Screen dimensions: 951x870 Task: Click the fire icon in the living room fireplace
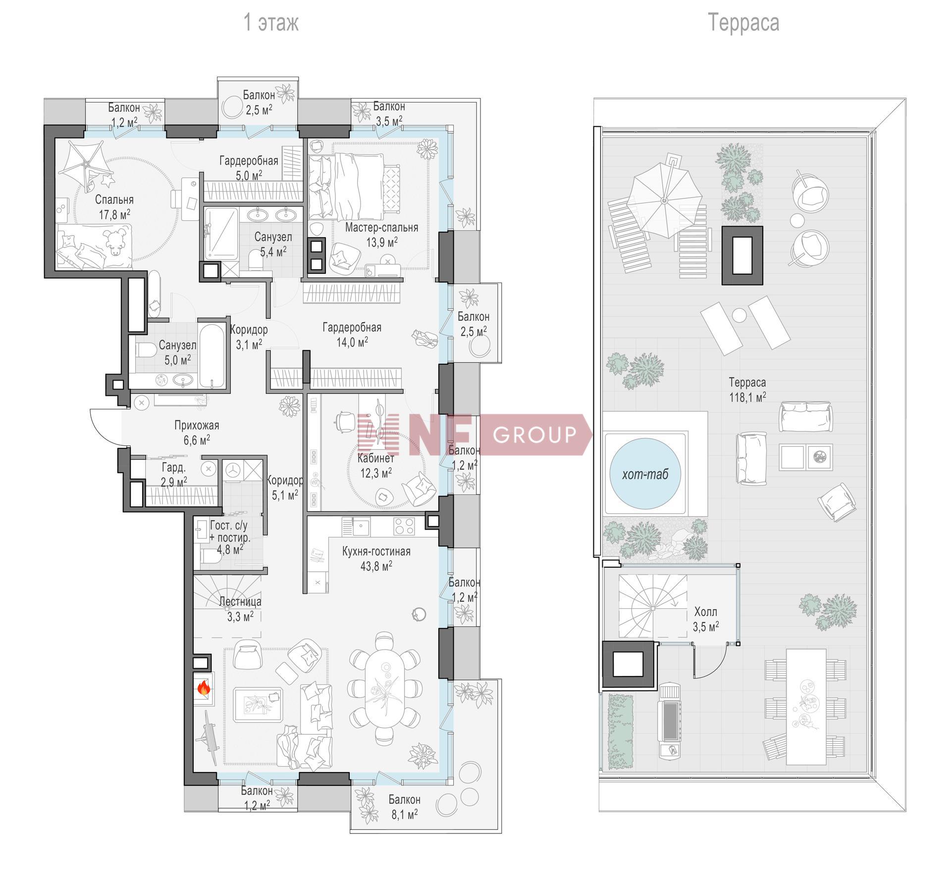pyautogui.click(x=204, y=687)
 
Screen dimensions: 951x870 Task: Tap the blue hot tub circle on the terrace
pyautogui.click(x=645, y=473)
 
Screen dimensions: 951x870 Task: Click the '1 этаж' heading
pyautogui.click(x=271, y=23)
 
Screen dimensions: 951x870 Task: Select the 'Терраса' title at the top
pyautogui.click(x=743, y=23)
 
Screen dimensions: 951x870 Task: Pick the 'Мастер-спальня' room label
pyautogui.click(x=381, y=228)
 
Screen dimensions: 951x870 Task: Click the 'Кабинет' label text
pyautogui.click(x=376, y=458)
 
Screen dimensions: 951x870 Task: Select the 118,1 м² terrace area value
pyautogui.click(x=747, y=397)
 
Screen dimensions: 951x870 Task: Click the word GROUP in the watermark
pyautogui.click(x=535, y=435)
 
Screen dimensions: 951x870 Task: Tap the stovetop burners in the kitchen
pyautogui.click(x=404, y=526)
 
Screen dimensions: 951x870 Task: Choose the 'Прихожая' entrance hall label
pyautogui.click(x=197, y=425)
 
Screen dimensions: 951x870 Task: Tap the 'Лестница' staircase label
pyautogui.click(x=240, y=602)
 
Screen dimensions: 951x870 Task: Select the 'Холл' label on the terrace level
pyautogui.click(x=706, y=612)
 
